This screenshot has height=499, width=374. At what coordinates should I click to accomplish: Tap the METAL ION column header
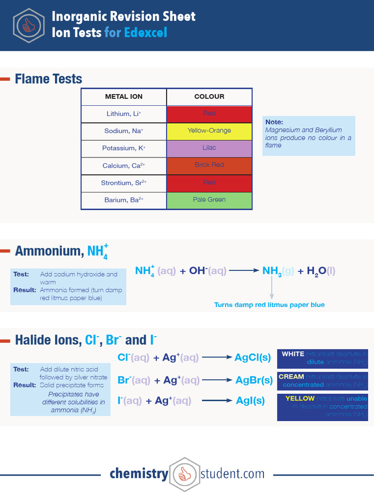(x=124, y=96)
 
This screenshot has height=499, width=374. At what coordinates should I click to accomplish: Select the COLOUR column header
(x=209, y=96)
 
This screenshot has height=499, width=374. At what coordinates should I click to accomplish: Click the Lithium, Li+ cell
(x=124, y=114)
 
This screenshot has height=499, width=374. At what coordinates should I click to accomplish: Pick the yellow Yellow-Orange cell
(x=209, y=131)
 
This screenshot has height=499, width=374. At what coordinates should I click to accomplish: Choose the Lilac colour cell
(x=209, y=148)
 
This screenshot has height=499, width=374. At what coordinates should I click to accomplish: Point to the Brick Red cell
(x=209, y=165)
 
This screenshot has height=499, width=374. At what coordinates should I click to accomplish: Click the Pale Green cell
(x=209, y=200)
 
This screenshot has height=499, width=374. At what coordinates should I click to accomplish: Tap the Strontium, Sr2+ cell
(x=124, y=183)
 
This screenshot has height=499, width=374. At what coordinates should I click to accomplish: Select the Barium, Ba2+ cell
(x=124, y=200)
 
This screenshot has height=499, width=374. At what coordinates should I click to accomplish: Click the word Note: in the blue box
(x=274, y=122)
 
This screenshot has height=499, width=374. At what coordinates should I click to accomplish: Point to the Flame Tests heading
(x=48, y=79)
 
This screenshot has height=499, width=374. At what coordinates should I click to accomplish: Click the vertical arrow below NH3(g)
(x=272, y=288)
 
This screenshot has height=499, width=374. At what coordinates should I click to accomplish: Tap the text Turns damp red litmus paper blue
(x=269, y=305)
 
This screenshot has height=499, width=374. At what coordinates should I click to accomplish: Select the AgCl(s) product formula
(x=252, y=358)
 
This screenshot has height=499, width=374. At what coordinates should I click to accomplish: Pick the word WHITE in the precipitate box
(x=293, y=354)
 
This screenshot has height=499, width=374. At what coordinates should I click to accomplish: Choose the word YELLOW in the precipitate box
(x=300, y=399)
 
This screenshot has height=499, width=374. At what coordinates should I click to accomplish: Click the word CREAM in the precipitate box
(x=291, y=377)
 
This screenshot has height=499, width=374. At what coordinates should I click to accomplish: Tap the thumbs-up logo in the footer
(x=185, y=474)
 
